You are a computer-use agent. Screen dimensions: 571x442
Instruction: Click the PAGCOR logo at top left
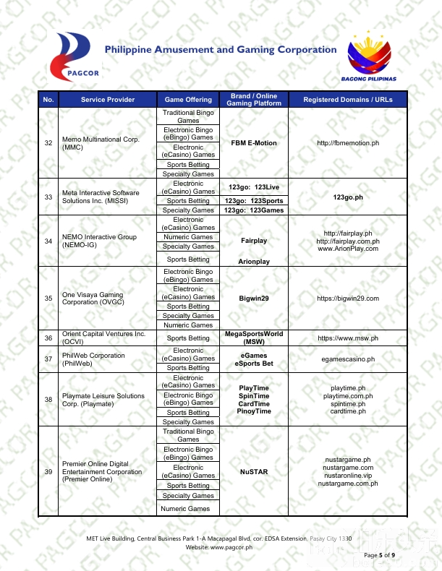click(75, 55)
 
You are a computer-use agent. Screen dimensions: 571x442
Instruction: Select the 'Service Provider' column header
click(108, 100)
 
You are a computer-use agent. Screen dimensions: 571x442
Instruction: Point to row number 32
click(48, 143)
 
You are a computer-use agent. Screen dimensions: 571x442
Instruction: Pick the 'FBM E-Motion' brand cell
click(254, 143)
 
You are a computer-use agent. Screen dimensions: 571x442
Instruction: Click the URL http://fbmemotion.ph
click(348, 143)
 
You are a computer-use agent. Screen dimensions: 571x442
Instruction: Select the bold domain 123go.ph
click(348, 197)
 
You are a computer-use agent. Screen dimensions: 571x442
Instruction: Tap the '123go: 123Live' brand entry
click(254, 187)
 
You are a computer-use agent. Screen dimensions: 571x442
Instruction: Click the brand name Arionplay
click(254, 261)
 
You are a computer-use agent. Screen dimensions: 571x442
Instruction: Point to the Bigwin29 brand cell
click(254, 298)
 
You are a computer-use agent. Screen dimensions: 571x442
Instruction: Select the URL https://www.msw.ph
click(348, 338)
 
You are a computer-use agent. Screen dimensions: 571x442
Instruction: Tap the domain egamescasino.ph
click(348, 359)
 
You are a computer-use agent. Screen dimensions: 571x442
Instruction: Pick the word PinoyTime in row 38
click(254, 411)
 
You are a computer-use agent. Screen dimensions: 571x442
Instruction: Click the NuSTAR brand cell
click(254, 472)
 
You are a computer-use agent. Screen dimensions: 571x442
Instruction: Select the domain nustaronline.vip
click(348, 476)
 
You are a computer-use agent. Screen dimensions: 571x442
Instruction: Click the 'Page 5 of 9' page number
click(380, 555)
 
